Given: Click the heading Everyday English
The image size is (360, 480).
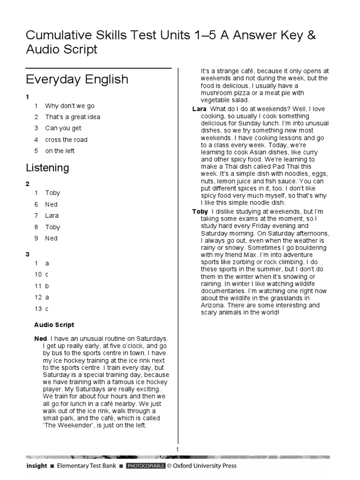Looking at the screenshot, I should coord(77,79).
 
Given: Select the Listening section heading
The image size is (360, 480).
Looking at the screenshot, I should coord(47,168).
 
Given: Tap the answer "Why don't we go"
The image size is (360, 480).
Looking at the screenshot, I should coord(70,106).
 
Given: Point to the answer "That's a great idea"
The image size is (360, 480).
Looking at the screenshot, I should coord(73,117).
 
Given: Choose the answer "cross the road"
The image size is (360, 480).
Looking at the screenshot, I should coord(66,140).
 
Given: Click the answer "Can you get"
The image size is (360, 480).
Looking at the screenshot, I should coord(63,128).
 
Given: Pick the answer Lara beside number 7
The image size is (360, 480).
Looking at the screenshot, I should coord(52,216).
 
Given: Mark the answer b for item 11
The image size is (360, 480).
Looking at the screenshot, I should coord(47,286).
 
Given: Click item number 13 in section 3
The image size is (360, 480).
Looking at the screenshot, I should coord(38,308).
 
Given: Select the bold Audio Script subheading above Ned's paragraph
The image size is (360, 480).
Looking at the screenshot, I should coord(54,325).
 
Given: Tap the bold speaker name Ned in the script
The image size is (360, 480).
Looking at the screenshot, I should coord(41,339).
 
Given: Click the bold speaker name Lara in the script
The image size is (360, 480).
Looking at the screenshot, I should coord(199,109).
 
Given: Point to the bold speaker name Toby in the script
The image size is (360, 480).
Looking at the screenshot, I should coord(200,212).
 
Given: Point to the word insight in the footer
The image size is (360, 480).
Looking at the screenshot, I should coord(37,466).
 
